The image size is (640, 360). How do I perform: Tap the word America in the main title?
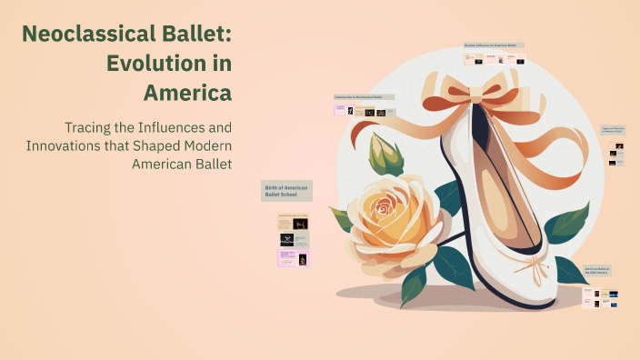pyautogui.click(x=186, y=93)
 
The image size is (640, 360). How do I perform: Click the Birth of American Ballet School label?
pyautogui.click(x=287, y=190)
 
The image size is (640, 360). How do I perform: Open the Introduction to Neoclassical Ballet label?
pyautogui.click(x=365, y=96)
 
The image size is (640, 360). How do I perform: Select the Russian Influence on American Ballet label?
pyautogui.click(x=495, y=45)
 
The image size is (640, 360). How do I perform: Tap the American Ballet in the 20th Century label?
pyautogui.click(x=597, y=271)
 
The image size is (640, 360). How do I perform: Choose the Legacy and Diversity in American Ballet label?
pyautogui.click(x=617, y=131)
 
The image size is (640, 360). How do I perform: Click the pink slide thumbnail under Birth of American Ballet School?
pyautogui.click(x=293, y=258)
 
